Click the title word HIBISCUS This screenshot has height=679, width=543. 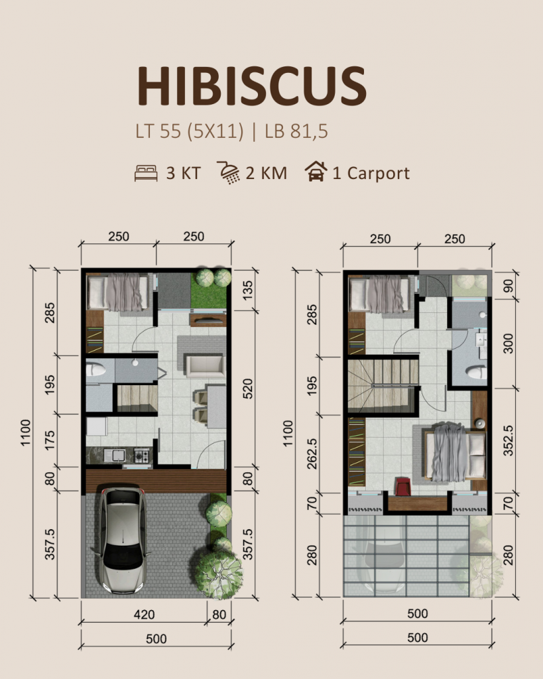point(251,86)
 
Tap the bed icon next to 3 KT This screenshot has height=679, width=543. point(146,173)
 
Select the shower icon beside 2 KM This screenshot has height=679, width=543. point(229,173)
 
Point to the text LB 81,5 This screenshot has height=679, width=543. point(296,131)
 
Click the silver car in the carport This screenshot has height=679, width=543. point(121,540)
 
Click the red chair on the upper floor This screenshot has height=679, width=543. point(402,485)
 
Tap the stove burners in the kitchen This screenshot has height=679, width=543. point(143,455)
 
